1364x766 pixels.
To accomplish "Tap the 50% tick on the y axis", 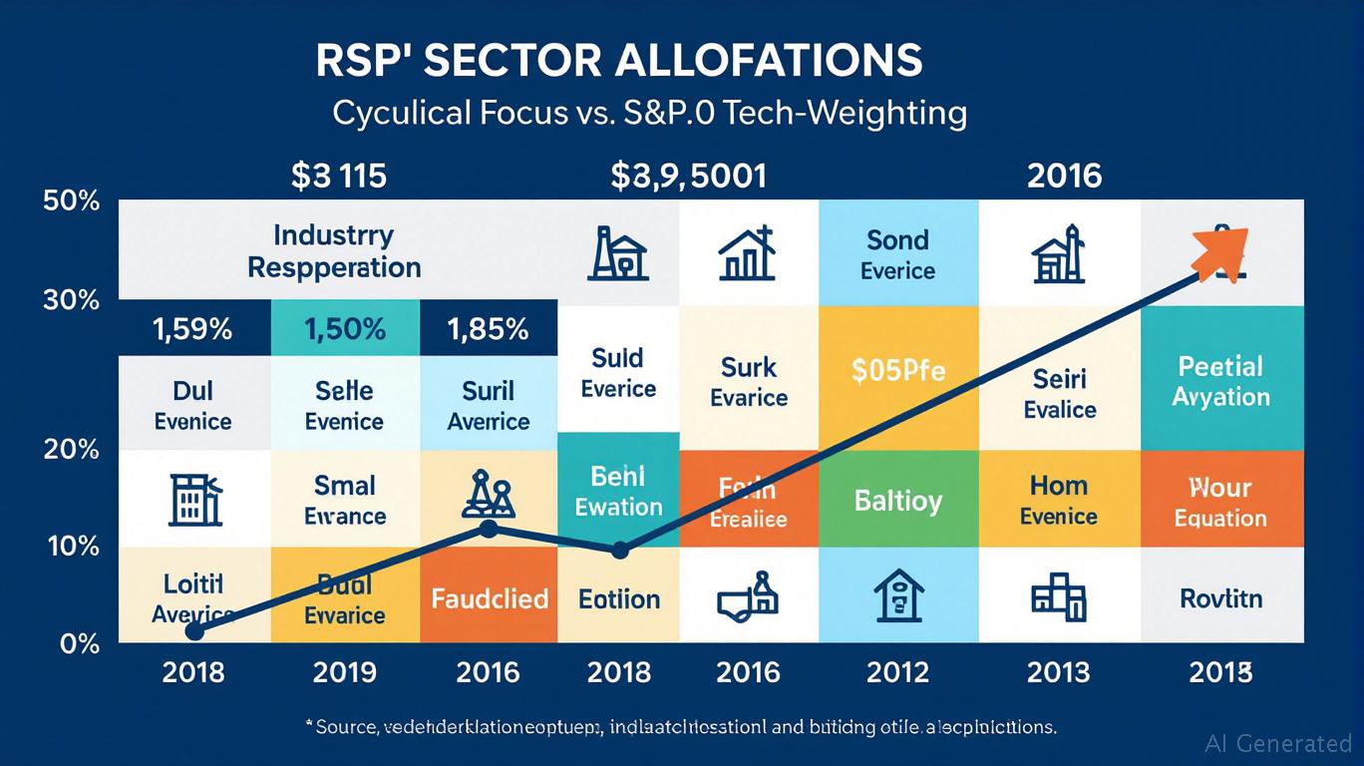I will coord(72,200).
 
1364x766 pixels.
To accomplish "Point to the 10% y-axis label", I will coord(72,547).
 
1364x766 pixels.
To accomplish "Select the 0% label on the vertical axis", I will coord(80,644).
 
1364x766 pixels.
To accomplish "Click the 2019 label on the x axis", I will coord(344,672).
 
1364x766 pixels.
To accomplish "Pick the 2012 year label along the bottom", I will coord(898,672).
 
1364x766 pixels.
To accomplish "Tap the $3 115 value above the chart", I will coord(338,177).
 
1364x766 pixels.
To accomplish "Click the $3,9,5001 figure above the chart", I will coord(689,177).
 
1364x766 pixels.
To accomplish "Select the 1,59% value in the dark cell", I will coord(193,329).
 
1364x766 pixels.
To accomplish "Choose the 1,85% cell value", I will coord(489,329).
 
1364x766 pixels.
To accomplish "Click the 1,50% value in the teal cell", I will coord(344,329).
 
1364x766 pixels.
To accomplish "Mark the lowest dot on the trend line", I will coord(195,631).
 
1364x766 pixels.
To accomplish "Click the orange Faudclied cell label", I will coord(490,598).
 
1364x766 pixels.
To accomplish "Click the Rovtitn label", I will coord(1220,598).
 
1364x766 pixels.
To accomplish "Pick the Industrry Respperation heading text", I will coord(334,251).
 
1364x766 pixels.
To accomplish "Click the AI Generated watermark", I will coord(1278,743).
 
